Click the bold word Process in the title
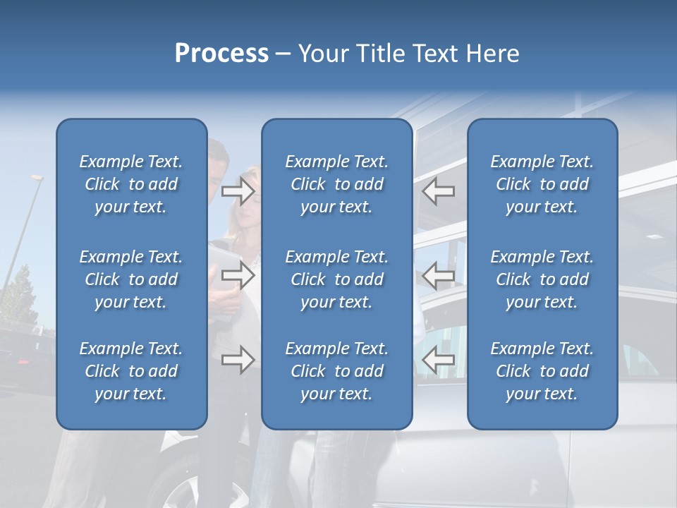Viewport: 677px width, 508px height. pos(221,54)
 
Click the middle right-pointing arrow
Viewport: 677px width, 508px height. pos(238,275)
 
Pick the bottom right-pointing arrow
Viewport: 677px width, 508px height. pos(238,361)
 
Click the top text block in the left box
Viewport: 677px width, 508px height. pos(131,184)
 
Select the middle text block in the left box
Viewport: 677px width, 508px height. pos(131,279)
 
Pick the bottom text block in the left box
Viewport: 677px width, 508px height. pos(131,371)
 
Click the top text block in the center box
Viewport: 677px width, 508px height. pos(337,184)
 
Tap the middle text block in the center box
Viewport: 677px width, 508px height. pos(337,279)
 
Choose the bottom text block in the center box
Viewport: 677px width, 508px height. pos(337,371)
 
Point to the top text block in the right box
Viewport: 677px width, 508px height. pos(542,184)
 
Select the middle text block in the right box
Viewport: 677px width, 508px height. pos(542,279)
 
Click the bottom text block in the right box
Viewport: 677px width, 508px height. pos(542,371)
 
